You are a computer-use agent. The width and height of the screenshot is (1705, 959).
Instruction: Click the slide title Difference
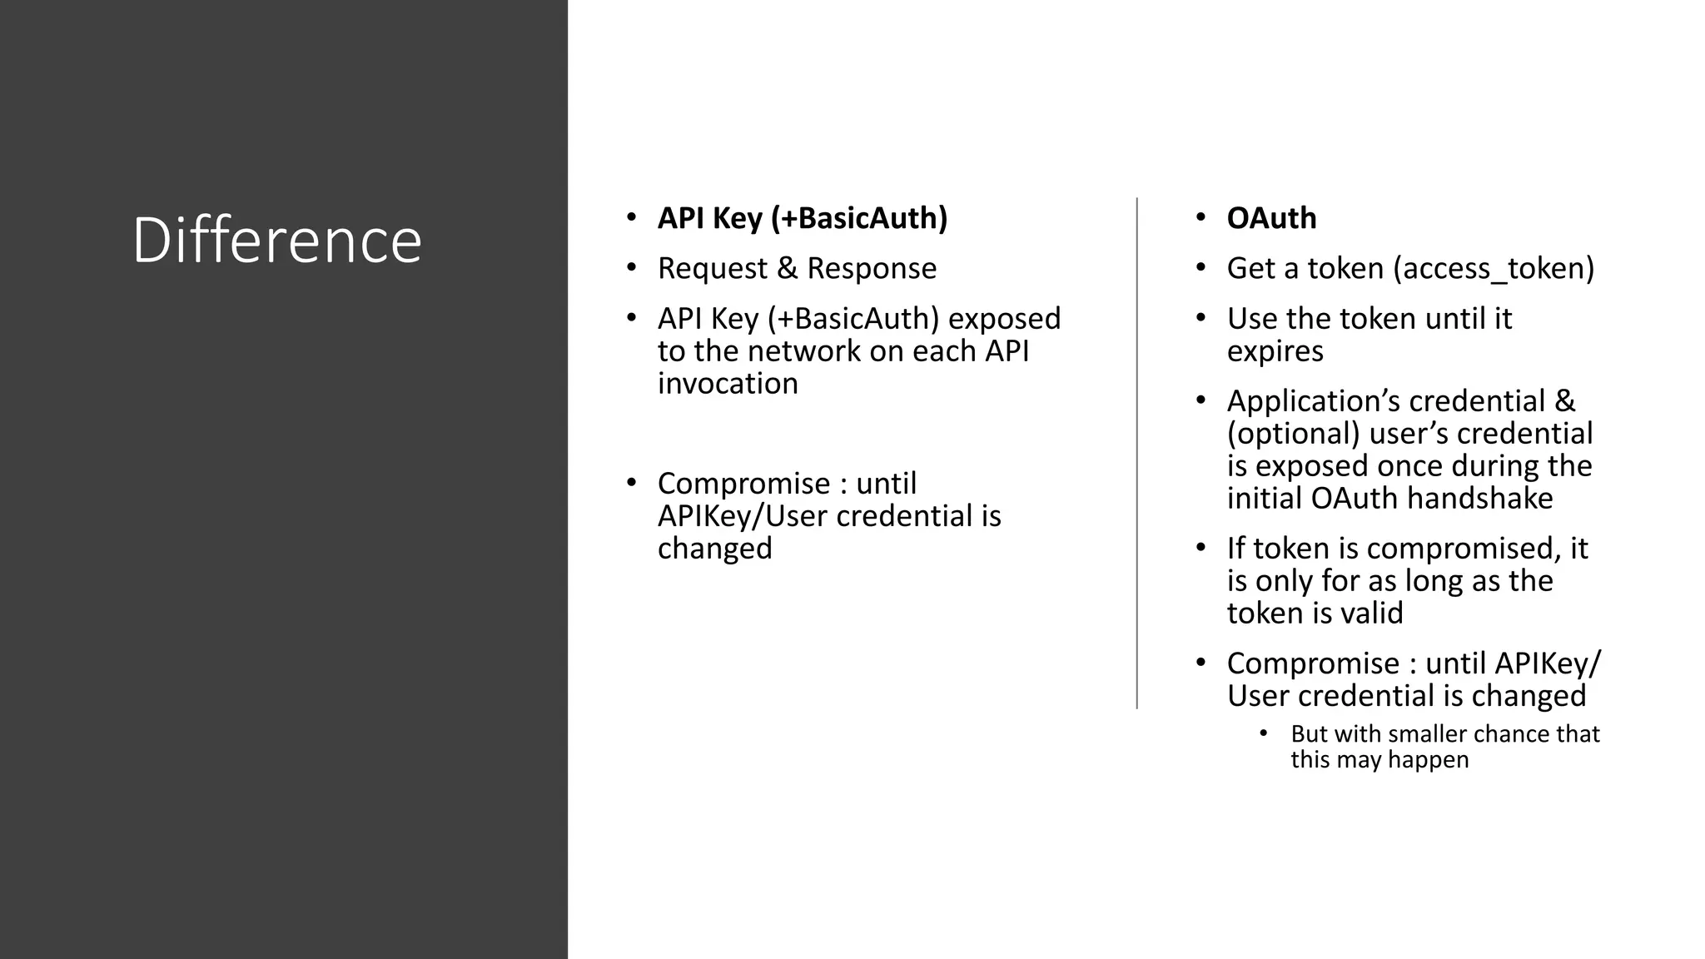(276, 241)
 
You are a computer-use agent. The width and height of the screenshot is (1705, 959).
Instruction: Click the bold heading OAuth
(1271, 218)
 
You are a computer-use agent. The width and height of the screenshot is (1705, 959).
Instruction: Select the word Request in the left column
(713, 269)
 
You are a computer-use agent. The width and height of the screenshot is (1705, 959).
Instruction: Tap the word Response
(872, 269)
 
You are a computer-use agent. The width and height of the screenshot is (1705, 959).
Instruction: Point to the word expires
(1275, 351)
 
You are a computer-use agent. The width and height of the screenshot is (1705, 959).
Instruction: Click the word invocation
(728, 384)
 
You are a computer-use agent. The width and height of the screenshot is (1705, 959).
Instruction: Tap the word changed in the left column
(714, 549)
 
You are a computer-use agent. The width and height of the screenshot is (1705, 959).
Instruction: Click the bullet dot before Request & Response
(631, 268)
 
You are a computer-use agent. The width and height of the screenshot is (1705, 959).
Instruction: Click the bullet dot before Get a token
(1200, 268)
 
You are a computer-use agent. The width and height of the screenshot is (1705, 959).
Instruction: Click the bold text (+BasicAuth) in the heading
(858, 218)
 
